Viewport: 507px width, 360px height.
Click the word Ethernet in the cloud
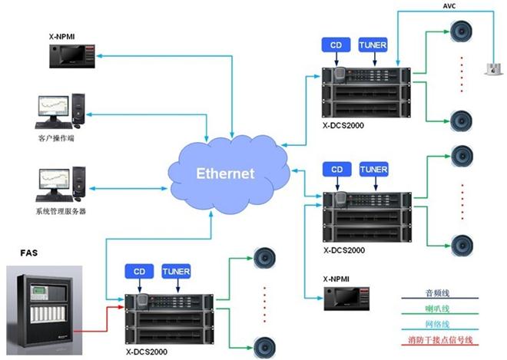225,173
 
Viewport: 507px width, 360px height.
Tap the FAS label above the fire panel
28,253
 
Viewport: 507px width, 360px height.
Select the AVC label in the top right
449,6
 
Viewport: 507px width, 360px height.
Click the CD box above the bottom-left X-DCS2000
139,272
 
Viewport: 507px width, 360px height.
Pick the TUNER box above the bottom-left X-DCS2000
176,272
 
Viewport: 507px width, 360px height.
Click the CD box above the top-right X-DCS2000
336,45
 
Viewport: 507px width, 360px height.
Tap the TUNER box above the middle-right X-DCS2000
374,170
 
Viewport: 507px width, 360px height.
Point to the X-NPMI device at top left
72,56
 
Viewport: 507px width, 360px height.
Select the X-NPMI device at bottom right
346,299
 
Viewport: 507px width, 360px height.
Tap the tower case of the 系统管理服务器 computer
79,182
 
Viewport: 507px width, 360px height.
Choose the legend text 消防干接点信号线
440,339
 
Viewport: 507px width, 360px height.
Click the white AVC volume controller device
493,69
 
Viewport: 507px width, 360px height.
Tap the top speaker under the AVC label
462,31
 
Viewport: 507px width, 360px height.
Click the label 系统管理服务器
61,211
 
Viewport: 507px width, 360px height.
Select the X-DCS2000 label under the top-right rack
343,125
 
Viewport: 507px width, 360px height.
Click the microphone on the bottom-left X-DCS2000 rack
142,302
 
